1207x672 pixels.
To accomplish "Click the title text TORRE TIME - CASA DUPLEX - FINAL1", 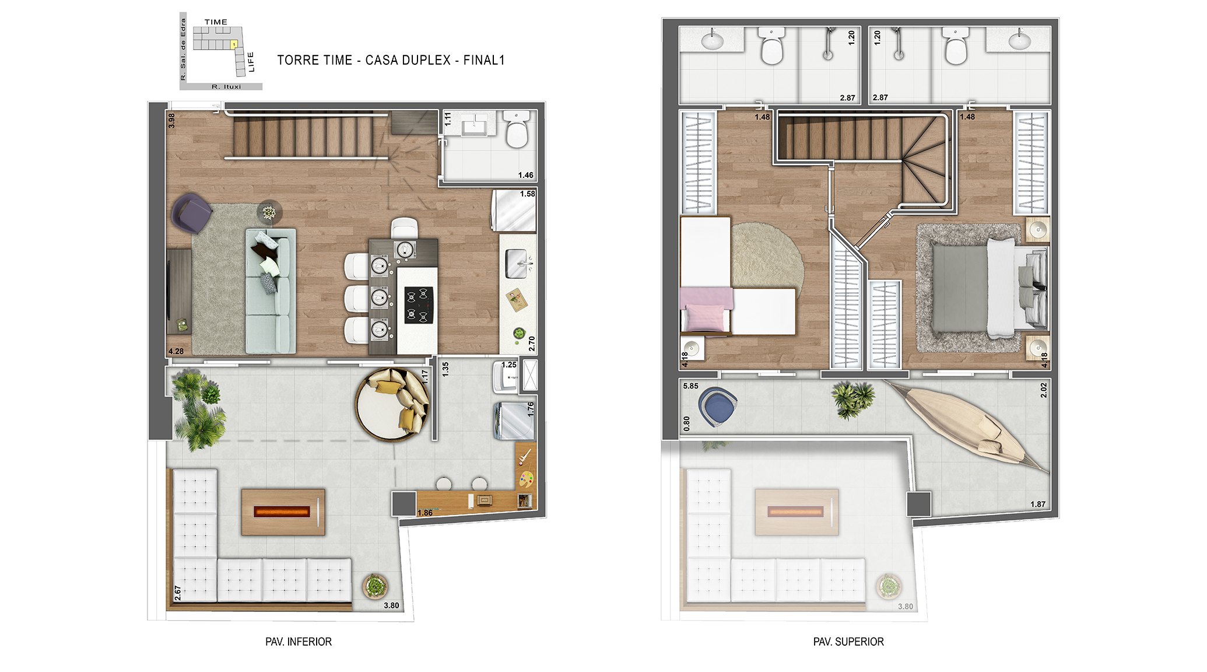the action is tap(391, 60).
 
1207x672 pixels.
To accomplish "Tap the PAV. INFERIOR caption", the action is tap(299, 642).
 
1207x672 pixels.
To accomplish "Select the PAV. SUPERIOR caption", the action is tap(848, 642).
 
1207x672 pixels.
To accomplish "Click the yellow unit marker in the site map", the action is tap(234, 44).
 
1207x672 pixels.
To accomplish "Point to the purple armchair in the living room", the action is tap(191, 213).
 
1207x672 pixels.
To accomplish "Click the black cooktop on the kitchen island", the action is tap(419, 305).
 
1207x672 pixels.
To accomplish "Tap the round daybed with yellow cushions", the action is tap(392, 404).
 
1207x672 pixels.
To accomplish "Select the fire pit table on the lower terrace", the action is tap(283, 512).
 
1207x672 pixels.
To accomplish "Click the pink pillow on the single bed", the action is tap(706, 318).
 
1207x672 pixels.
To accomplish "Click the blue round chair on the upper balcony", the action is tap(718, 407).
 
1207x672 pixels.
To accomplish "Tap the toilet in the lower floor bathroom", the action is tap(517, 129).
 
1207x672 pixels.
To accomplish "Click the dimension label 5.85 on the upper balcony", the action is tap(690, 386).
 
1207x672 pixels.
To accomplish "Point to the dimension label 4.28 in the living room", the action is tap(176, 351).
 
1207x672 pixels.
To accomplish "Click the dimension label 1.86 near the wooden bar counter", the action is tap(425, 513).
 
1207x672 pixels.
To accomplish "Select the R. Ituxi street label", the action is tap(226, 87).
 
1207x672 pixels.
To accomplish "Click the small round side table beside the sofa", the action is tap(269, 212).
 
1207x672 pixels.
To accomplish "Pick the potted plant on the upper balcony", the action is tap(852, 400).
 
